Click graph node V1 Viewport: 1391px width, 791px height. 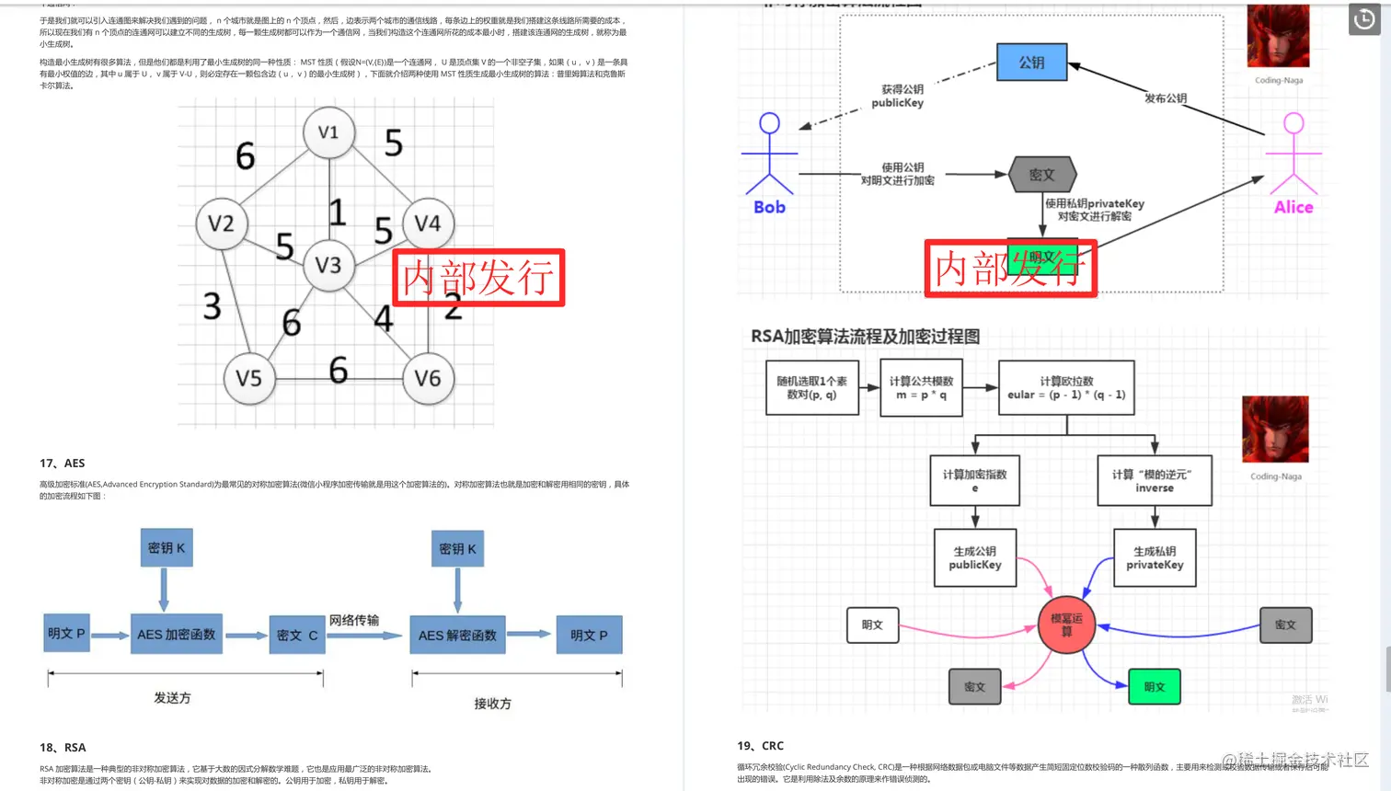328,132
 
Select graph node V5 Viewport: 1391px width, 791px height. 248,378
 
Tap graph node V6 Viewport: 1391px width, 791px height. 428,378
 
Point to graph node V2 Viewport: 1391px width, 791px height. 222,224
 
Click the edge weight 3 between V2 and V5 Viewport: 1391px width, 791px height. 213,306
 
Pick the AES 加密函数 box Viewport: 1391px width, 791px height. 176,635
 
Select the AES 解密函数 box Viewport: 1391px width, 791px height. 457,635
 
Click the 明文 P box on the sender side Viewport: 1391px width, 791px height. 66,634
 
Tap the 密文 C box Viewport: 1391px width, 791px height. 297,635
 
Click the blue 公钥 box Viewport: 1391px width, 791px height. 1031,63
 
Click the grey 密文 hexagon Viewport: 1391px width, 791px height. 1041,175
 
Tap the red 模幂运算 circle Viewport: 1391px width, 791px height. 1066,625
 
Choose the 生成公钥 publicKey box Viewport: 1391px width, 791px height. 975,557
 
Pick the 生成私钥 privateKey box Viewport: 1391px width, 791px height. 1155,557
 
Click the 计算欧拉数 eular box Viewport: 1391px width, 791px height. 1066,387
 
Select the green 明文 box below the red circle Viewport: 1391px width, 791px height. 1154,687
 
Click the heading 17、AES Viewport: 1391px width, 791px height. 63,464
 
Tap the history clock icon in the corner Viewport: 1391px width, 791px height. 1364,19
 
